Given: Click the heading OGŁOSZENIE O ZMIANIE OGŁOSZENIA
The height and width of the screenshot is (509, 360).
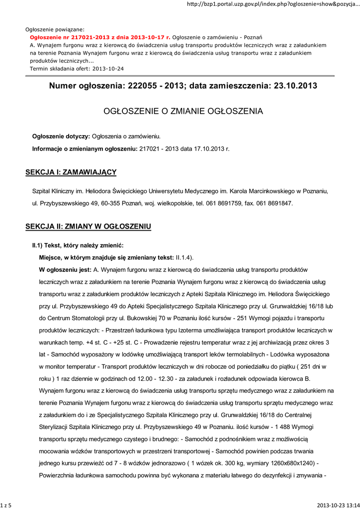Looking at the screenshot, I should coord(183,111).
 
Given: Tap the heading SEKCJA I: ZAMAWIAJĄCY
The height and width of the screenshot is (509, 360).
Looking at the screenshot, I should coord(71,172).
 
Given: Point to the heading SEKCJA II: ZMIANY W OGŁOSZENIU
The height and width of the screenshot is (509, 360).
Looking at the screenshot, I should coord(88,227).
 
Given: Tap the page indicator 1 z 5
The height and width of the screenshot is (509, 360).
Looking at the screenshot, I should coord(6,505).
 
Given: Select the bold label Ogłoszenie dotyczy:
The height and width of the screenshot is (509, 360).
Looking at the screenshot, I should coord(61,136).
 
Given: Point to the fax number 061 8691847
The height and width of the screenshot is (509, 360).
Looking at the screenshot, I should coord(275,203).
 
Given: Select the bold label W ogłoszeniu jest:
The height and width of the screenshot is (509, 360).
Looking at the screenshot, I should coord(65,270).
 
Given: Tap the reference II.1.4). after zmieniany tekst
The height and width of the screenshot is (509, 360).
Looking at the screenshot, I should coord(184,257).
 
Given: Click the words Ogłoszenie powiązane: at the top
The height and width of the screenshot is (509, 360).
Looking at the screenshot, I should coord(55,30).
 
